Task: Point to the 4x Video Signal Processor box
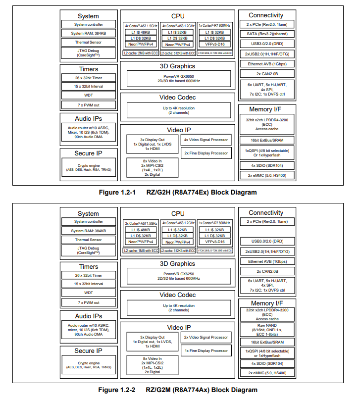tap(206, 140)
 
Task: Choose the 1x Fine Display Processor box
tap(206, 350)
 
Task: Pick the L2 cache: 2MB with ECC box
tap(141, 52)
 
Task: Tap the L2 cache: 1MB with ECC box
tap(141, 251)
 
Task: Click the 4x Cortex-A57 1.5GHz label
tap(141, 25)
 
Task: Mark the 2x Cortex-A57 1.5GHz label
tap(141, 224)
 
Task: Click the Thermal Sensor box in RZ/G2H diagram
tap(89, 42)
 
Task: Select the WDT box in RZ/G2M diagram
tap(88, 293)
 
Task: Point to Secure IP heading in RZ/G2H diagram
tap(88, 153)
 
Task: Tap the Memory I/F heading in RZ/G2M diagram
tap(266, 303)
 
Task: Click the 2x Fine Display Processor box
tap(206, 153)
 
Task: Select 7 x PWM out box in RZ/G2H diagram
tap(88, 105)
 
